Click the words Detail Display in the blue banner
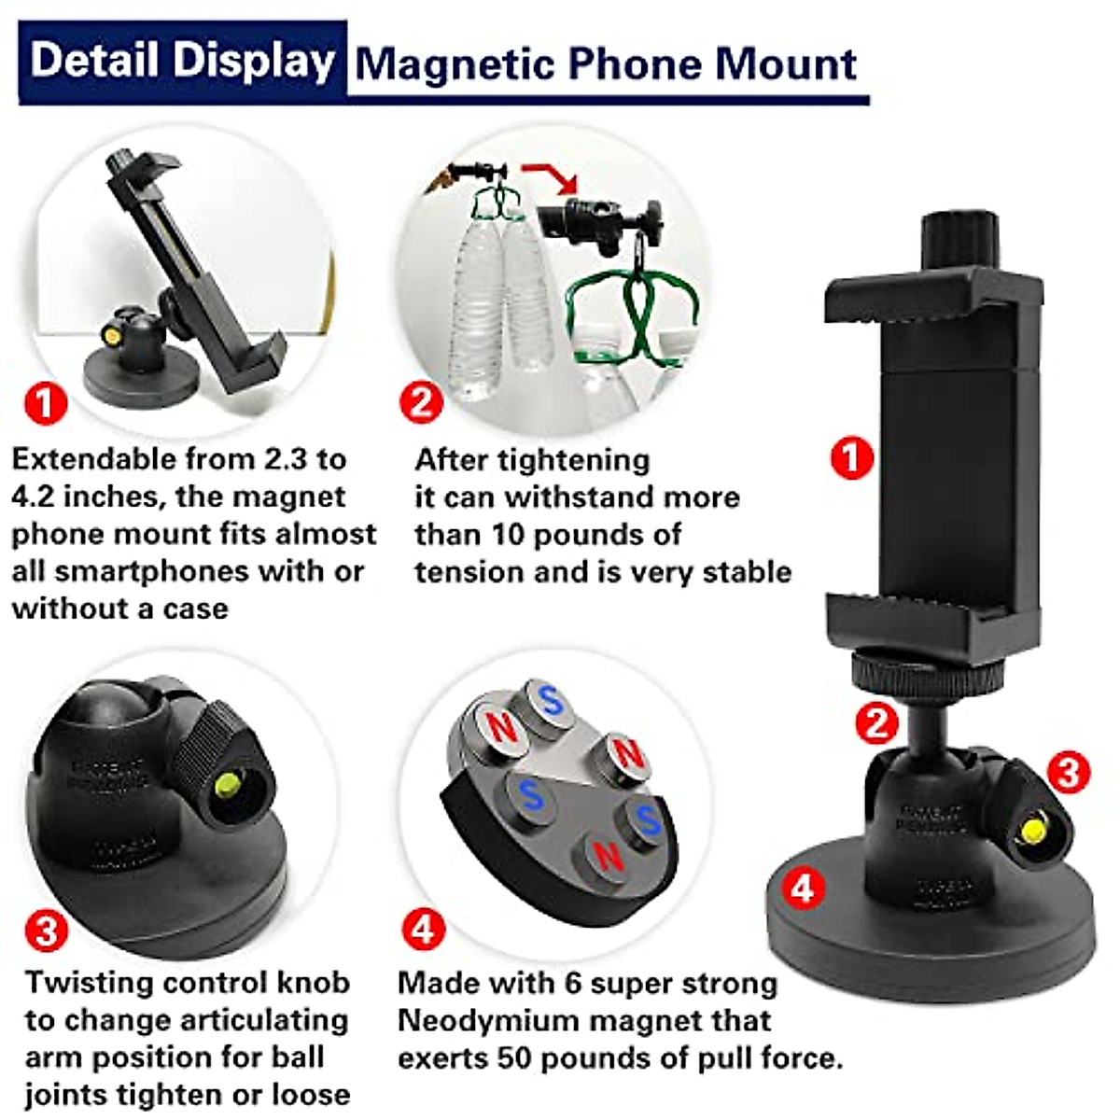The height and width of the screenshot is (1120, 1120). tap(183, 62)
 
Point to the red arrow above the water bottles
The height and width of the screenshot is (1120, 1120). tap(552, 176)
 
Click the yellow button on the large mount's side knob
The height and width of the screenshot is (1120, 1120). tap(1033, 830)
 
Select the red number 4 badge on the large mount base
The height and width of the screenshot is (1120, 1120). tap(802, 889)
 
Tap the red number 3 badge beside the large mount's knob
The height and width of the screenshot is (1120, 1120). tap(1068, 771)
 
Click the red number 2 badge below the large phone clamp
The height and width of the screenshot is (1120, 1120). tap(876, 723)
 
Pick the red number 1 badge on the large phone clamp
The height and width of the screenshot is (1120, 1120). tap(851, 458)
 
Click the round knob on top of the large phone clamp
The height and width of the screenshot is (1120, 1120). tap(960, 240)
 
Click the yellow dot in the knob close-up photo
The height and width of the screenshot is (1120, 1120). tap(226, 787)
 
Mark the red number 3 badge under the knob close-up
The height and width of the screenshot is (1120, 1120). tap(46, 931)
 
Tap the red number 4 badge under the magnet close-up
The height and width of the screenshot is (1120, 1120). tap(423, 929)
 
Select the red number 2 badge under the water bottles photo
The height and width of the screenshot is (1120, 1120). tap(421, 402)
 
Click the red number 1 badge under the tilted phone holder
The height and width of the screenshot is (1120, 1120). tap(46, 404)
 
